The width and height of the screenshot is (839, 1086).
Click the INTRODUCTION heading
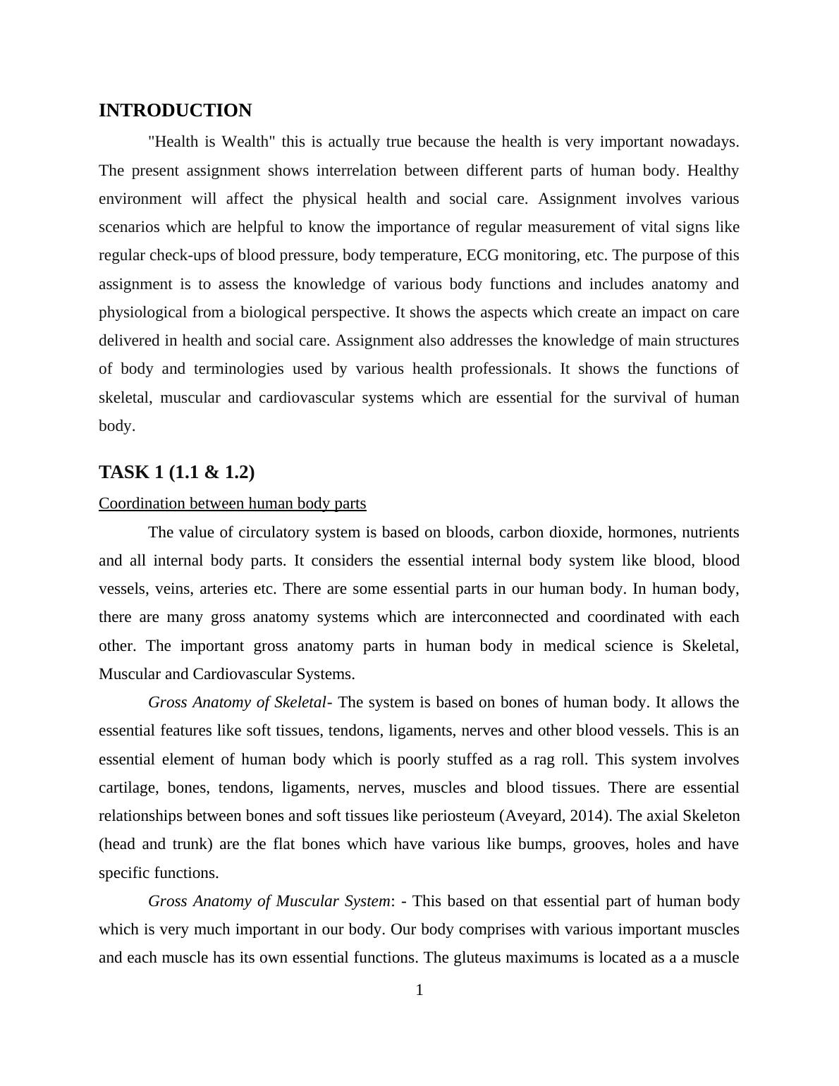pyautogui.click(x=175, y=111)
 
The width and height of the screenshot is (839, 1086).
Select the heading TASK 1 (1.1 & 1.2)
pyautogui.click(x=176, y=472)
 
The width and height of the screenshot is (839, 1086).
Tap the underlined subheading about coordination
pyautogui.click(x=232, y=504)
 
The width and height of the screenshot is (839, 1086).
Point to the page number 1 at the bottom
pyautogui.click(x=420, y=990)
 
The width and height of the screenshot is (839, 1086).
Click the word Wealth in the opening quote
pyautogui.click(x=246, y=142)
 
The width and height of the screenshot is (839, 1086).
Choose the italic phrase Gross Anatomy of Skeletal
pyautogui.click(x=238, y=702)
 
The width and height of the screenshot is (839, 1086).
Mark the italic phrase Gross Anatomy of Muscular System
pyautogui.click(x=269, y=901)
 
